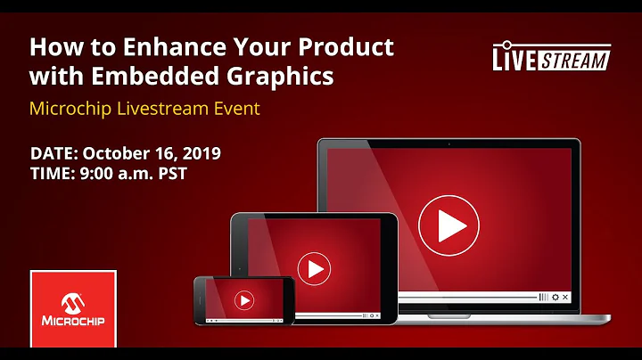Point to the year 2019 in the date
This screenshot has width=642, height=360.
click(200, 152)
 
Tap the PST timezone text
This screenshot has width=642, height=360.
click(170, 174)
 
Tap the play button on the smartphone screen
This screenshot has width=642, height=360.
click(243, 301)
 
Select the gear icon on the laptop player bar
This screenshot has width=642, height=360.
click(556, 297)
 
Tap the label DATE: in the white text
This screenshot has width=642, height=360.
click(53, 152)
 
